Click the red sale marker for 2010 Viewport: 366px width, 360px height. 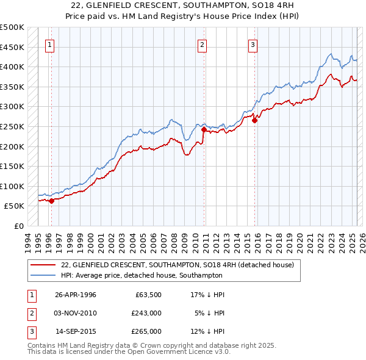click(204, 129)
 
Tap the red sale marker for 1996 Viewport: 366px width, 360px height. click(52, 200)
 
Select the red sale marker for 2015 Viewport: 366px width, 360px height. click(255, 121)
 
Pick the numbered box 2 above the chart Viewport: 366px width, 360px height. click(202, 44)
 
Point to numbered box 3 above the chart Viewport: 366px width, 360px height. click(253, 44)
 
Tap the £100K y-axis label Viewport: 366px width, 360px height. click(12, 186)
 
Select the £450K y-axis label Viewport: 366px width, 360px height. click(12, 47)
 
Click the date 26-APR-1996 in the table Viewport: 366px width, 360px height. click(76, 294)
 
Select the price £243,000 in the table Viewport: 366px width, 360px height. click(146, 313)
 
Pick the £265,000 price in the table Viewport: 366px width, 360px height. click(146, 331)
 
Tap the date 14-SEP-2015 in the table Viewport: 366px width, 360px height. click(76, 331)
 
